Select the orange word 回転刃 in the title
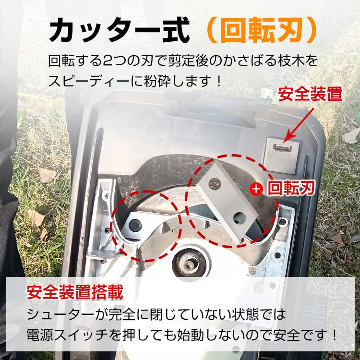(x=261, y=31)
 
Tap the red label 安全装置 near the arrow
(x=311, y=94)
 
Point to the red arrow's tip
(x=283, y=142)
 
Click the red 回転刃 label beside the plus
(x=290, y=188)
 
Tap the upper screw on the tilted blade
(x=215, y=183)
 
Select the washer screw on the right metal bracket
(x=283, y=221)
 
